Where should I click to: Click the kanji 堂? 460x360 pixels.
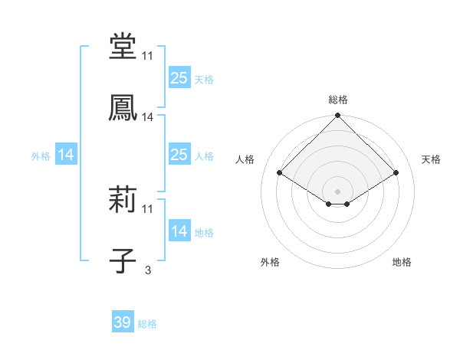(123, 47)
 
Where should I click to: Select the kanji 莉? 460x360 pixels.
(123, 201)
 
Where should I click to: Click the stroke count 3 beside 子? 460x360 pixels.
(148, 270)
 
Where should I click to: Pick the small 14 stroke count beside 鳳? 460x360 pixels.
(148, 117)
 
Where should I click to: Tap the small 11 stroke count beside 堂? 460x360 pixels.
(148, 56)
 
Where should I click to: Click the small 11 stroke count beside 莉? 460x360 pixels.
(148, 209)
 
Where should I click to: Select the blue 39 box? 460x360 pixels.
(123, 323)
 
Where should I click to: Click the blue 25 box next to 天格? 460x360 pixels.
(179, 78)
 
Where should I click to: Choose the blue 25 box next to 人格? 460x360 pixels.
(179, 155)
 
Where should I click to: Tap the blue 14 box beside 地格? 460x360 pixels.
(179, 231)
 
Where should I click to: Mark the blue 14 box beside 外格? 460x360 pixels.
(66, 155)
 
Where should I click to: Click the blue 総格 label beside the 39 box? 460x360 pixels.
(147, 324)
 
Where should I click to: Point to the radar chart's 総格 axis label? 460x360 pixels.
(338, 100)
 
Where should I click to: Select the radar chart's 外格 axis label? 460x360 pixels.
(270, 262)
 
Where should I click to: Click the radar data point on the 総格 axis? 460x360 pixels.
(338, 116)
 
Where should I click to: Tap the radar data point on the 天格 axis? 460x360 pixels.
(396, 173)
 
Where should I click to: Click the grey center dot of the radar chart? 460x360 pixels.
(338, 191)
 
